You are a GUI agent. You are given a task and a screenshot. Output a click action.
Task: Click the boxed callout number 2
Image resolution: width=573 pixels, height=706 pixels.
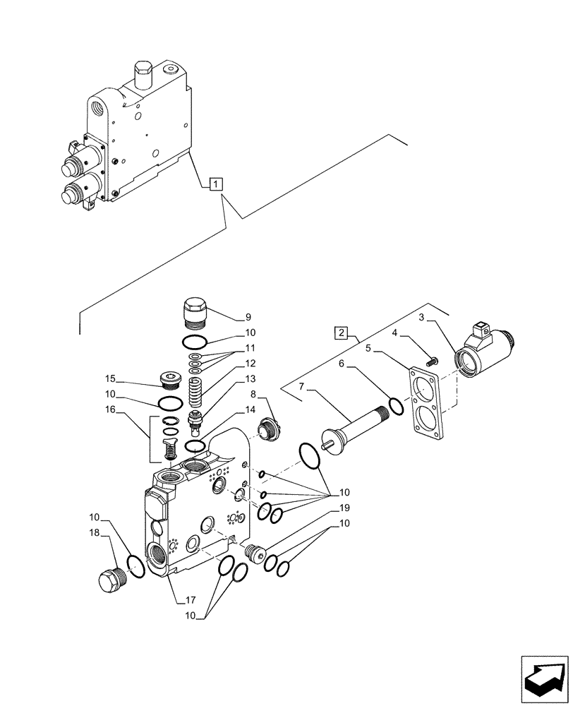pos(341,331)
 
